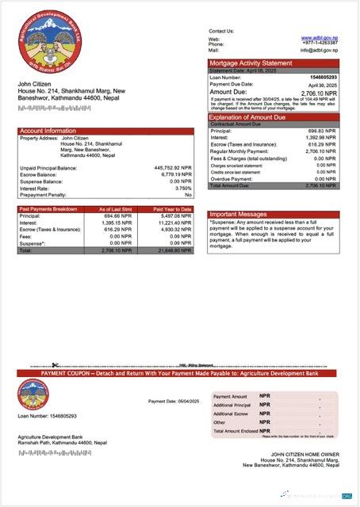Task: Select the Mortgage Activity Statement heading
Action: pyautogui.click(x=251, y=63)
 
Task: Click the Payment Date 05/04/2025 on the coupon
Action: pyautogui.click(x=174, y=401)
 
